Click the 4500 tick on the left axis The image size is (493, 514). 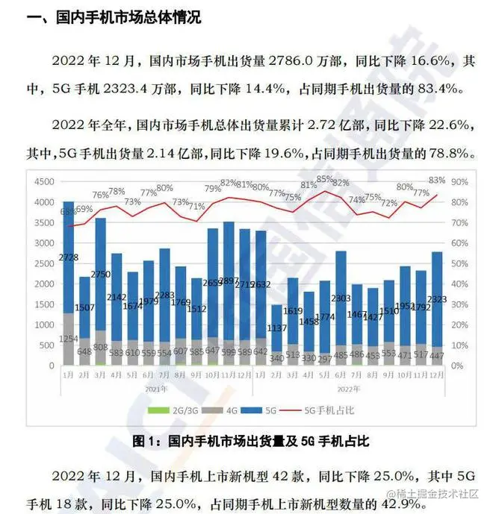pyautogui.click(x=45, y=181)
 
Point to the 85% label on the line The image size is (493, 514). pyautogui.click(x=324, y=179)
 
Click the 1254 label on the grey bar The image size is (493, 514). pyautogui.click(x=68, y=340)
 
